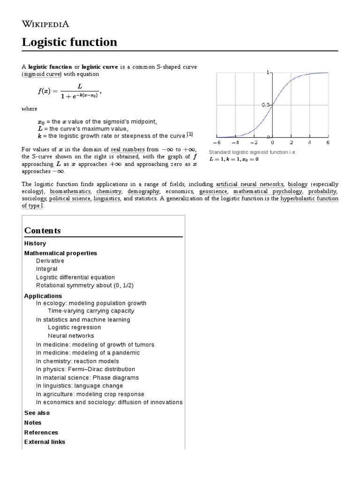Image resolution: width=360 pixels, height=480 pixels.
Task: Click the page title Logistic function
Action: click(x=69, y=42)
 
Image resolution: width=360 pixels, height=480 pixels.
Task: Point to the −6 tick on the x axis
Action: click(x=217, y=142)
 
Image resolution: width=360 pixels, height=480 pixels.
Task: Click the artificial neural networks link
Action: click(x=249, y=184)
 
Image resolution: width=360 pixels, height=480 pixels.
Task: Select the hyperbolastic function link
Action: click(x=309, y=198)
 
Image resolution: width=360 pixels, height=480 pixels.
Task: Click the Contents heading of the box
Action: click(x=43, y=230)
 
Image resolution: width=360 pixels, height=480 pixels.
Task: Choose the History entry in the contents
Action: click(x=35, y=243)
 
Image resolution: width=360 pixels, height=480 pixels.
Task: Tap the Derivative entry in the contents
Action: click(x=50, y=261)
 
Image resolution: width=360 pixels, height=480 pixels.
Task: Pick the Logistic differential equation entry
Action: click(x=75, y=277)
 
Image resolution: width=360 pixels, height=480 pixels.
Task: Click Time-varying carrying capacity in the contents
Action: click(x=91, y=311)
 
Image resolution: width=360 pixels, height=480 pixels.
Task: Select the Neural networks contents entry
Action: click(x=71, y=336)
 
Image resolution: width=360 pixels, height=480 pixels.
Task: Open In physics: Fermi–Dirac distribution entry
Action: click(x=85, y=369)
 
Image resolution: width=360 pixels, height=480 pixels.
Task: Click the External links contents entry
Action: click(x=45, y=442)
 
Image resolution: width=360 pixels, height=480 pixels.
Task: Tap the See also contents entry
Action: click(x=37, y=413)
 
